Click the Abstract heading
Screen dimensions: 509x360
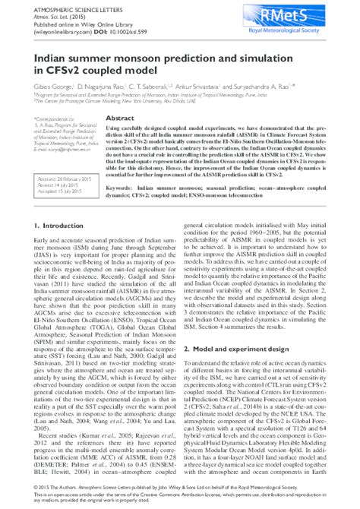(120, 119)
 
